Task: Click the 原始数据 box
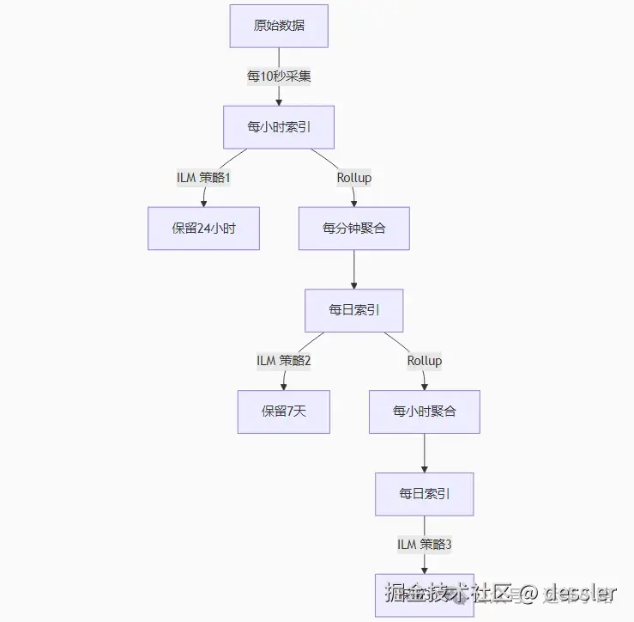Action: coord(279,26)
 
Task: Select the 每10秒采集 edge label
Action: coord(279,76)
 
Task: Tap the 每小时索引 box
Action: coord(279,127)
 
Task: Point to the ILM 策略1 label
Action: coord(204,178)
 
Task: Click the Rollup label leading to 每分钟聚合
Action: coord(354,178)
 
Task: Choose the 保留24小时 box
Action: coord(203,229)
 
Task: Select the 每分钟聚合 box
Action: coord(354,229)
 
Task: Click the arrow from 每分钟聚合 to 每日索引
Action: coord(354,270)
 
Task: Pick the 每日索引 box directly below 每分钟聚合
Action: coord(354,310)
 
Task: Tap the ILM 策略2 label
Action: coord(284,361)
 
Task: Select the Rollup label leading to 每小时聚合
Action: coord(425,361)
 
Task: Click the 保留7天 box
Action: coord(284,412)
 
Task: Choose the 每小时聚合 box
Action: coord(425,412)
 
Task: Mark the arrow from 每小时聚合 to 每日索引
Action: coord(425,453)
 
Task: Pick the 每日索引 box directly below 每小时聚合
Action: coord(425,494)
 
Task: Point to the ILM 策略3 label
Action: coord(425,544)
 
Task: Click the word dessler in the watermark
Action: coord(581,592)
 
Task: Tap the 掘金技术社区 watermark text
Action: coord(449,592)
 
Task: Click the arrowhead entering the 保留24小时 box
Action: coord(203,203)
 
